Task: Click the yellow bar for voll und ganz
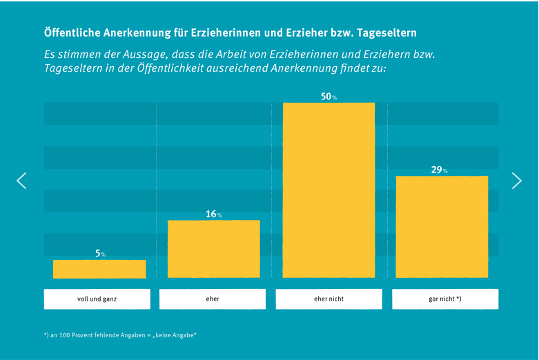[99, 269]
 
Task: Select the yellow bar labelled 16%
[214, 249]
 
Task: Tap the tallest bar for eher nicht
[329, 190]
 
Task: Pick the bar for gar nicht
[442, 227]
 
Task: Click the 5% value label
[100, 254]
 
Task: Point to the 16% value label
[213, 214]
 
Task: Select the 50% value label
[329, 97]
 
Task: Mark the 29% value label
[440, 170]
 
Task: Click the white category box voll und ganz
[97, 299]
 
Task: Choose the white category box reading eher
[213, 299]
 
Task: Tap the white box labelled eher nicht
[329, 299]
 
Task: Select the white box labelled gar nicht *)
[445, 299]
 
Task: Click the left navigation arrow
[21, 181]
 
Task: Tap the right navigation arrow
[517, 181]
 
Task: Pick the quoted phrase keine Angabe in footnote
[175, 335]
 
